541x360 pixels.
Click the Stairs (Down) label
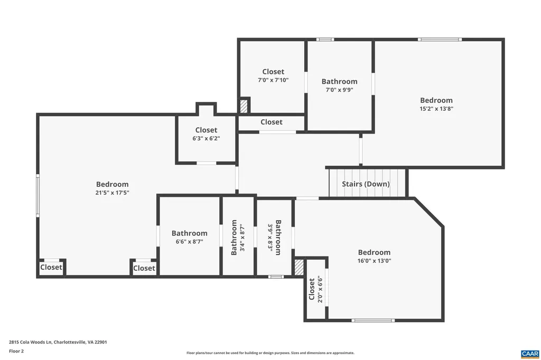[366, 184]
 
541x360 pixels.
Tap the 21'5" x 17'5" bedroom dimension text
[112, 193]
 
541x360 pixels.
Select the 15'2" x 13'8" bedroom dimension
[436, 109]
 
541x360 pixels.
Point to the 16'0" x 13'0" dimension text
[374, 261]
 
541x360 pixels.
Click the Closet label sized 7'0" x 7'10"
[273, 72]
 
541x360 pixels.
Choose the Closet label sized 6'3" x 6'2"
[206, 130]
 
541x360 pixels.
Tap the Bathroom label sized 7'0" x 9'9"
[339, 81]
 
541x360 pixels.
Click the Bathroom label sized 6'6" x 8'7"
[189, 233]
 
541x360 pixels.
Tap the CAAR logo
[529, 353]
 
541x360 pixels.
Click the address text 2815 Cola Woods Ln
[58, 342]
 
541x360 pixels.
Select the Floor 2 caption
[17, 351]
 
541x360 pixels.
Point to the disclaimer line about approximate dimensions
[270, 353]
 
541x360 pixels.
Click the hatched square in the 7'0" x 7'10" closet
[244, 106]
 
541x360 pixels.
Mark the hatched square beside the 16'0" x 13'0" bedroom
[299, 266]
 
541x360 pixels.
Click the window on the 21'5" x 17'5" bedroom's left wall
[38, 195]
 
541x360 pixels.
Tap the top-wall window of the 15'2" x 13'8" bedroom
[440, 39]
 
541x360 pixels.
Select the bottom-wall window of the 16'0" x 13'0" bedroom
[373, 320]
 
